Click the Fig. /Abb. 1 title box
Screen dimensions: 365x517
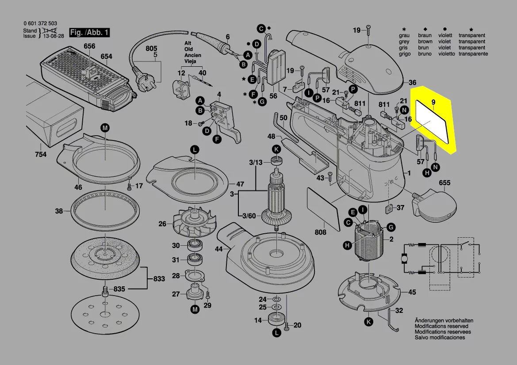(88, 32)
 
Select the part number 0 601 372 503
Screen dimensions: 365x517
(40, 23)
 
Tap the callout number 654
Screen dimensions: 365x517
(106, 56)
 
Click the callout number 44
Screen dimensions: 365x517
(218, 249)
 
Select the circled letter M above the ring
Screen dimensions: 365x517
(105, 128)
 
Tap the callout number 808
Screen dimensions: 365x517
(320, 232)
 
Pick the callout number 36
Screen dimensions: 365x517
(412, 83)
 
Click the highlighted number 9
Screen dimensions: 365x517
(433, 103)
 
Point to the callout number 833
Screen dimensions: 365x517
(159, 279)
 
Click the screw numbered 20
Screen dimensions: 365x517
(287, 326)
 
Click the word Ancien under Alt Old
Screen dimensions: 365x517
(193, 55)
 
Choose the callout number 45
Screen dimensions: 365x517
(412, 292)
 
